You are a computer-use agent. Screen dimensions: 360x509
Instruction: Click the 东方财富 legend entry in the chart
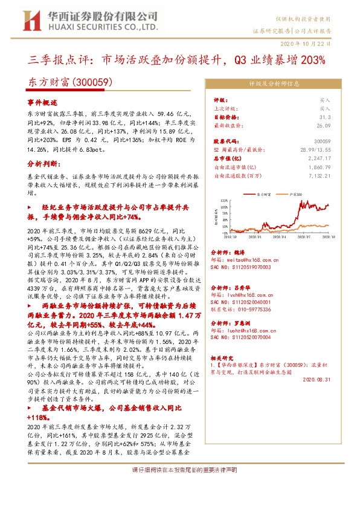pos(262,195)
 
